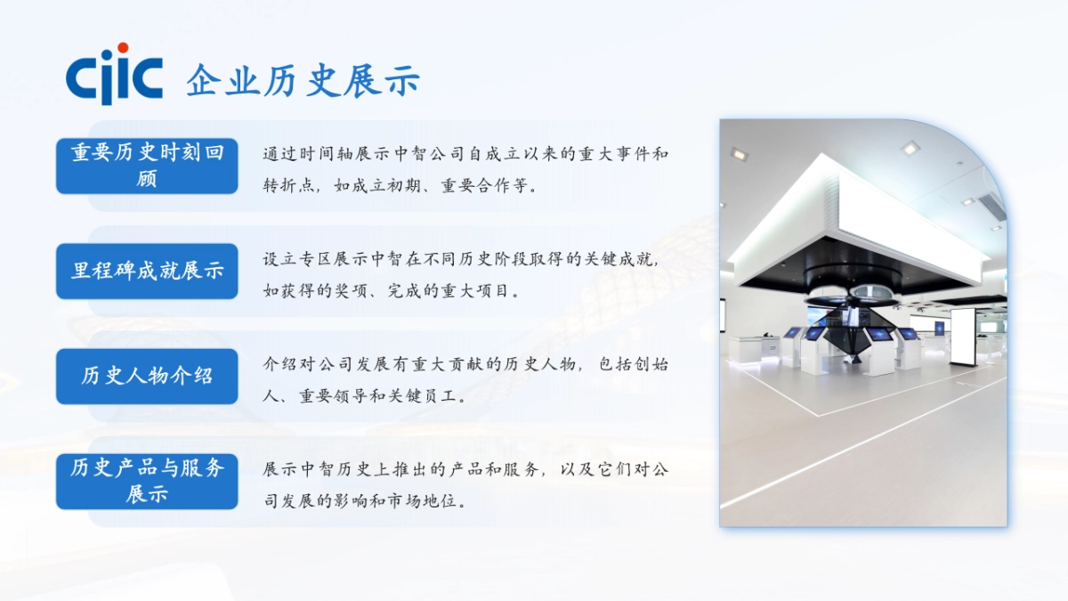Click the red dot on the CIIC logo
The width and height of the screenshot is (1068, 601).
(x=123, y=47)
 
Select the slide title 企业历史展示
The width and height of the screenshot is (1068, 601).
(x=303, y=81)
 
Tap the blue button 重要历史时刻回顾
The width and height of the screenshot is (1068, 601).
(x=147, y=166)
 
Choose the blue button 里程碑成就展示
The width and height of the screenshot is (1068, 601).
(x=147, y=271)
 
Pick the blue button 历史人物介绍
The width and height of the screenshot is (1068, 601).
(x=147, y=376)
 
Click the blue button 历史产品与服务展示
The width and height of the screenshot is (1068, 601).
(x=147, y=481)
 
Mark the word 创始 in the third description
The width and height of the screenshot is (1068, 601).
(x=649, y=364)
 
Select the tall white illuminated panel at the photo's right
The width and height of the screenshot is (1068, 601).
(x=962, y=336)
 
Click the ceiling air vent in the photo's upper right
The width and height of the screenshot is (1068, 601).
(x=991, y=207)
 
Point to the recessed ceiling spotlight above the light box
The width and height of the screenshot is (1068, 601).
(x=909, y=148)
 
